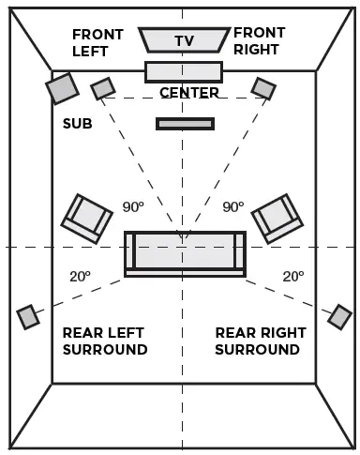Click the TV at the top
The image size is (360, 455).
click(184, 39)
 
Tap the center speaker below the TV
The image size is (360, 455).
click(184, 71)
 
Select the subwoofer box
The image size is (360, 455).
click(62, 88)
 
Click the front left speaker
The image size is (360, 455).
click(102, 88)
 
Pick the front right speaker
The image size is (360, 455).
click(263, 88)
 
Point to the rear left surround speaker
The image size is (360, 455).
click(28, 317)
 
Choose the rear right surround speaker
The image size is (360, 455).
click(339, 316)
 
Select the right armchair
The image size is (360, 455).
click(277, 219)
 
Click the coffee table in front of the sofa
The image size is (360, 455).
click(185, 123)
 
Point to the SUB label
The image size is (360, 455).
click(77, 124)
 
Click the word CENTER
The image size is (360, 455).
click(189, 93)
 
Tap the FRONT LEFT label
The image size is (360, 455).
click(97, 43)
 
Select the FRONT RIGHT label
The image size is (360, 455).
click(260, 41)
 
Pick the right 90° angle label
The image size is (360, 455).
click(232, 206)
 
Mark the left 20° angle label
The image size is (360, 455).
click(80, 277)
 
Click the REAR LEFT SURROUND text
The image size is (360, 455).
click(105, 341)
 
